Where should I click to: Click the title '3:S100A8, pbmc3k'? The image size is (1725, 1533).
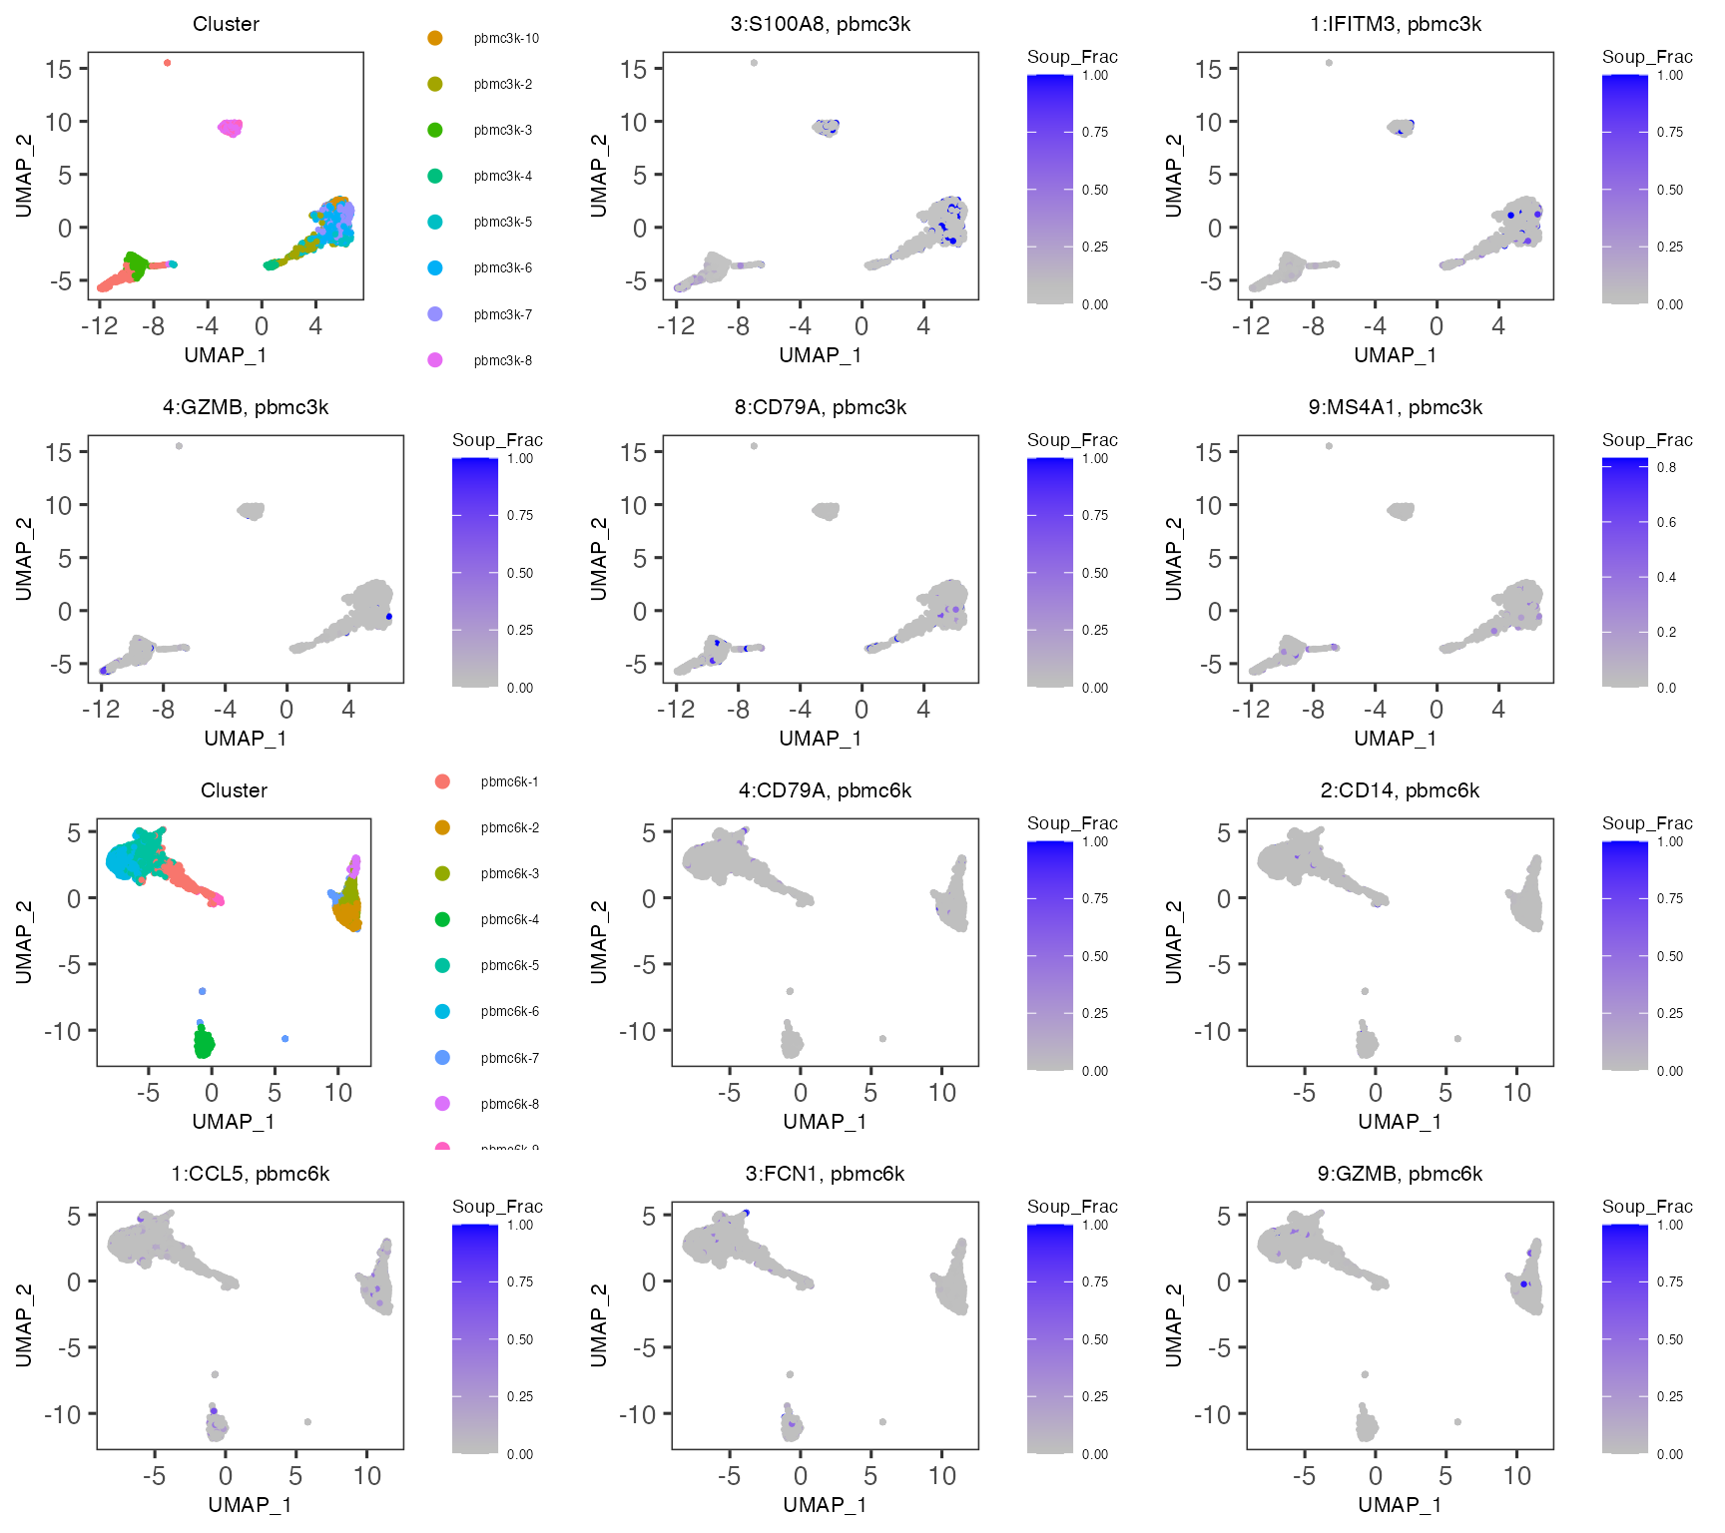[x=820, y=24]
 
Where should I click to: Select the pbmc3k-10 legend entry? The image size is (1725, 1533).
[x=505, y=39]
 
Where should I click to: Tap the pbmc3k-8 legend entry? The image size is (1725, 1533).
[x=502, y=360]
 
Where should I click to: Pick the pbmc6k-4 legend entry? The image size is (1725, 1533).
[x=509, y=919]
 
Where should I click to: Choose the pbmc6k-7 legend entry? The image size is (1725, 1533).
[x=509, y=1058]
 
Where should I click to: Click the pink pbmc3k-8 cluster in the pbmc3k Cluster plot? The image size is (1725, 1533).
[x=231, y=128]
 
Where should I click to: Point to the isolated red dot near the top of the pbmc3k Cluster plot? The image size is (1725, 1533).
[x=167, y=63]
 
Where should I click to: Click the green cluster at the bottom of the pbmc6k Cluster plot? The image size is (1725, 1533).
[x=204, y=1044]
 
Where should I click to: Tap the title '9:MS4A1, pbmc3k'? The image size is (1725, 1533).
[x=1395, y=407]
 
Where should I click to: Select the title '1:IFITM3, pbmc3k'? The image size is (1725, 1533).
[x=1395, y=24]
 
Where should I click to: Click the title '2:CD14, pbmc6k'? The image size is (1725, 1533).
[x=1399, y=790]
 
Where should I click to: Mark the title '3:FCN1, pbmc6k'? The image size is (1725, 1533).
[x=825, y=1174]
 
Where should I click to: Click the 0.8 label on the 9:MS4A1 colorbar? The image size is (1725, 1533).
[x=1666, y=467]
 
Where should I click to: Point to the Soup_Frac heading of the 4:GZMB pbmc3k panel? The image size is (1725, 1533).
[x=497, y=440]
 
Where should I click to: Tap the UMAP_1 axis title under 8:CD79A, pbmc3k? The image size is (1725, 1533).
[x=820, y=739]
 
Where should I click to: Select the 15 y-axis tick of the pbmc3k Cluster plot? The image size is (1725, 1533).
[x=59, y=69]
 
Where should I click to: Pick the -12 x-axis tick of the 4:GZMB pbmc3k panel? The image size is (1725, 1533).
[x=101, y=710]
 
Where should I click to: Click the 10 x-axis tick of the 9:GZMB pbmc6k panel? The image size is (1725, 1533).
[x=1516, y=1476]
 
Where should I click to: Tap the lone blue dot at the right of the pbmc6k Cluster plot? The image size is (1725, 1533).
[x=286, y=1039]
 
